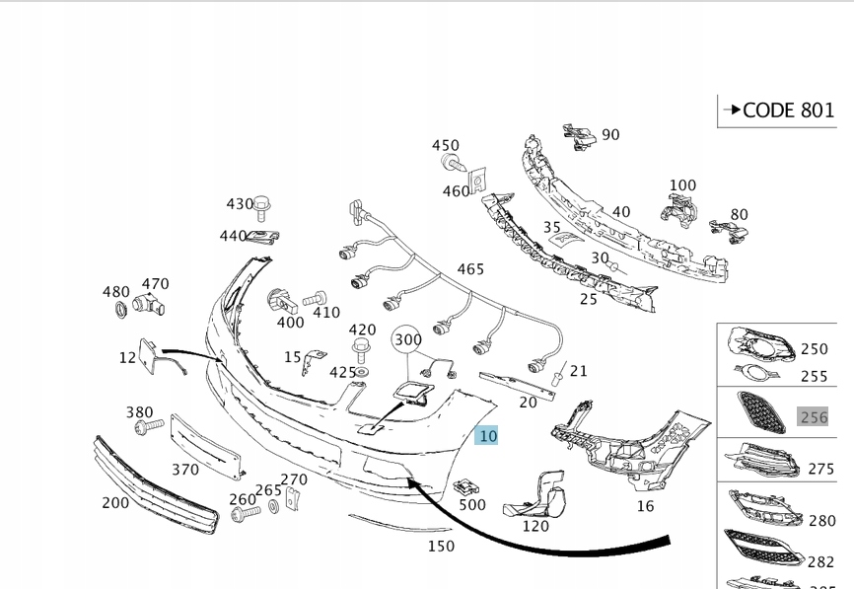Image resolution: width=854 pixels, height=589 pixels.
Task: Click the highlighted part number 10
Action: click(x=486, y=436)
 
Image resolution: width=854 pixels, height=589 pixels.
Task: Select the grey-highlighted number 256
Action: click(x=814, y=417)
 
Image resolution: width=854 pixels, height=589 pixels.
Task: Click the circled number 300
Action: click(x=407, y=339)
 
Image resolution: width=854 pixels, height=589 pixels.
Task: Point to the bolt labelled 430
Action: click(x=262, y=207)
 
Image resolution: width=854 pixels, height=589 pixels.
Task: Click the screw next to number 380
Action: click(x=149, y=425)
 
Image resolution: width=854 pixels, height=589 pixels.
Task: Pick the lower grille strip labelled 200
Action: click(x=157, y=486)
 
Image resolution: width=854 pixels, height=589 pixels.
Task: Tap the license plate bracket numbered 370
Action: click(x=206, y=447)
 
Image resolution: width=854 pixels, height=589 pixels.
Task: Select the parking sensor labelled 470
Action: click(x=148, y=305)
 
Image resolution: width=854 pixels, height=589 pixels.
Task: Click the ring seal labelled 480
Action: click(x=121, y=310)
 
